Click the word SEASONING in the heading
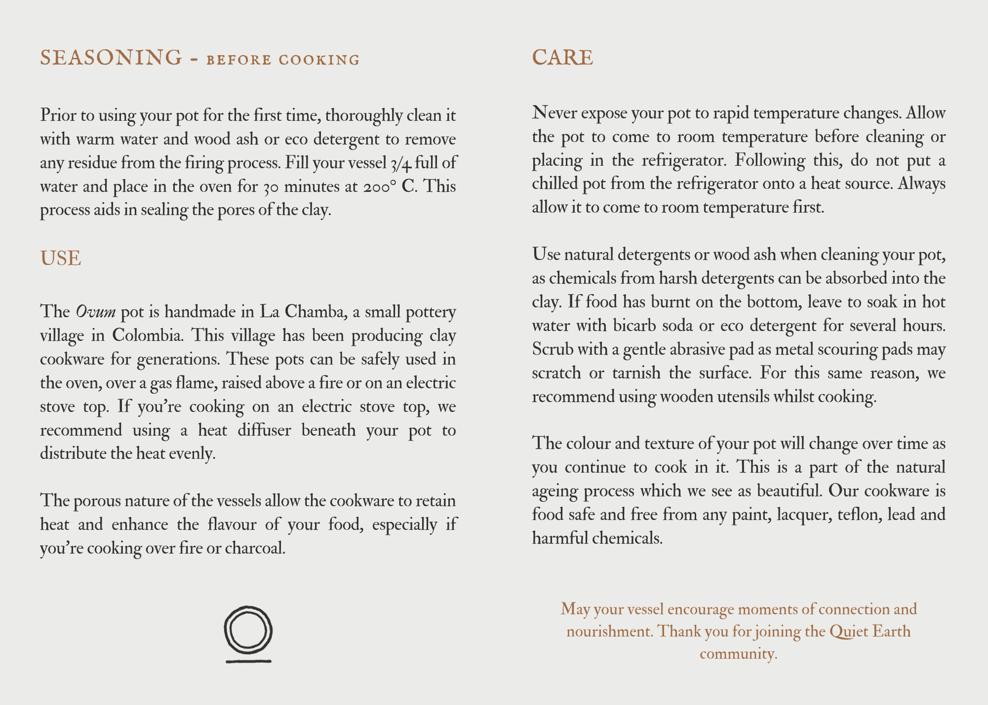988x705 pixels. coord(111,58)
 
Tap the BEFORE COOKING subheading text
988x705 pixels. coord(283,60)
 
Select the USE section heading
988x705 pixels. coord(60,259)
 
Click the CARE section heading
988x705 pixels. coord(562,58)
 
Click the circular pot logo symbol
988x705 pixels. coord(248,631)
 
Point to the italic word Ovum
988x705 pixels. coord(95,312)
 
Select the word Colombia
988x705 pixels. coord(148,336)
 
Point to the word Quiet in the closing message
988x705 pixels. coord(849,631)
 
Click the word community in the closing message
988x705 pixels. coord(738,654)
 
